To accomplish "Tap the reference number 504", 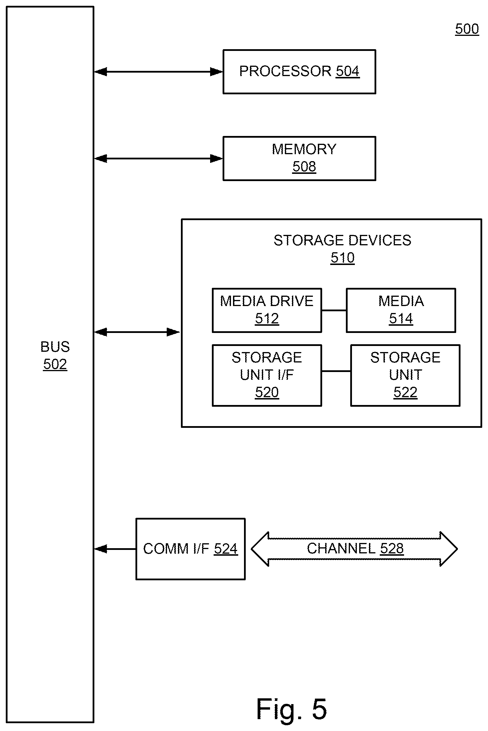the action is click(x=348, y=71).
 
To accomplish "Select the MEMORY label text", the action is click(x=304, y=149).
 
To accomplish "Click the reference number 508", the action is click(x=304, y=167).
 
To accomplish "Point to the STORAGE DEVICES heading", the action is click(x=342, y=240).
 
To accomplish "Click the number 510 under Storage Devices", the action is click(x=342, y=258).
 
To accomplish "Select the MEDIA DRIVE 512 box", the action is click(x=267, y=310).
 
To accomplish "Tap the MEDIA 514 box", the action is click(x=401, y=310).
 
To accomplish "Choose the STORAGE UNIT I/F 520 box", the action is click(x=267, y=375).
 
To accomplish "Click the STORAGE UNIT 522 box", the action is click(x=405, y=375).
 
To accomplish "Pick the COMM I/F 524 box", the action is click(x=190, y=549).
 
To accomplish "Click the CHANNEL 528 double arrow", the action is click(x=354, y=549).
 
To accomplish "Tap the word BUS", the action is click(x=55, y=347).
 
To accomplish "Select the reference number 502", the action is click(x=55, y=364).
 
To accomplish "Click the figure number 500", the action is click(x=467, y=29).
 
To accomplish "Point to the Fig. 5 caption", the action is click(x=291, y=709).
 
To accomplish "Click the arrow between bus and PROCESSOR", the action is click(x=158, y=72).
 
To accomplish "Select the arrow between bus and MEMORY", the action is click(x=158, y=159).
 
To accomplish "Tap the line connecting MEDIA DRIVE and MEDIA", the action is click(x=334, y=310).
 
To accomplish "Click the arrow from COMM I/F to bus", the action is click(x=115, y=549).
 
